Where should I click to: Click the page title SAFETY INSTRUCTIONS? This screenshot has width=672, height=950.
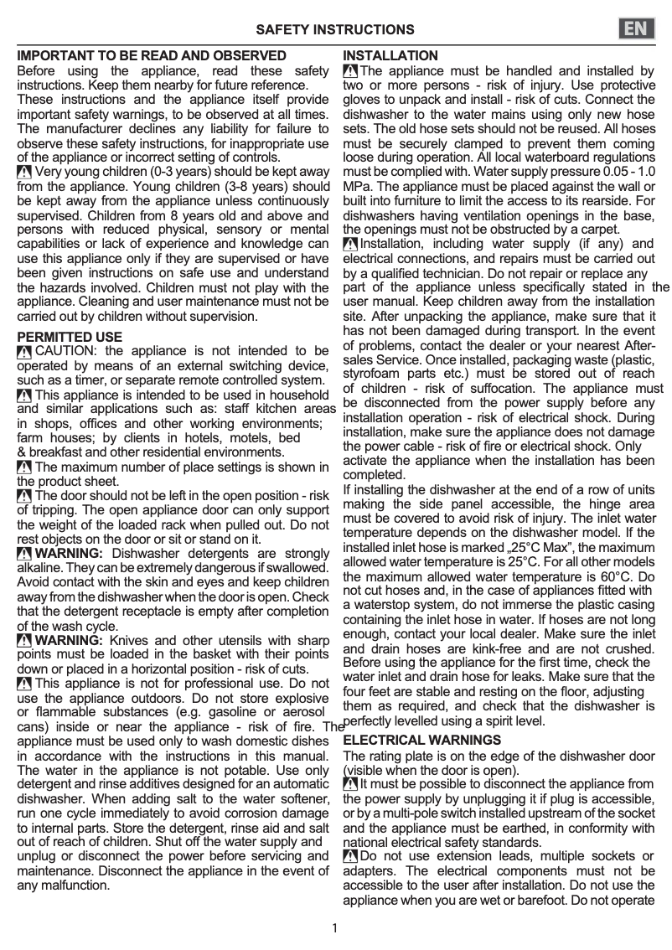335,30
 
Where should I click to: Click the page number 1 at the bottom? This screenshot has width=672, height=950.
335,927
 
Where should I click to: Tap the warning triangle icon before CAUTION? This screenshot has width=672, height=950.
25,351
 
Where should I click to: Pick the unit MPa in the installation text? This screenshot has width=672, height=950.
358,184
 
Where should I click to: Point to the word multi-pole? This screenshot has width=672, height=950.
399,813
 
